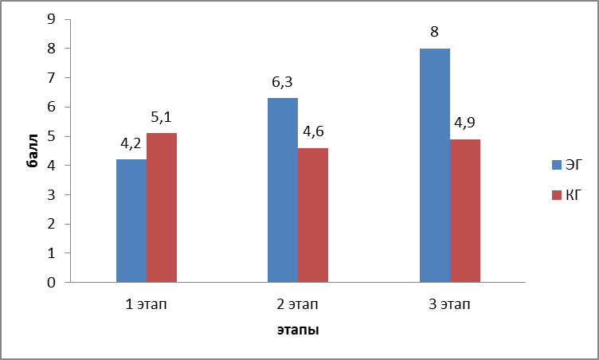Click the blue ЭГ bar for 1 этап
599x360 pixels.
pyautogui.click(x=131, y=221)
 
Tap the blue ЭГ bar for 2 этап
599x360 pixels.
pyautogui.click(x=282, y=190)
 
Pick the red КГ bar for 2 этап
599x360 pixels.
pyautogui.click(x=312, y=215)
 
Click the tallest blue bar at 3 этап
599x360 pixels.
pyautogui.click(x=434, y=165)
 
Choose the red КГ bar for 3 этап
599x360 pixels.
pyautogui.click(x=464, y=210)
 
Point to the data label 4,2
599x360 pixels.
pyautogui.click(x=131, y=145)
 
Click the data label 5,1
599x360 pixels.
pyautogui.click(x=162, y=118)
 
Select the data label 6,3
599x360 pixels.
pyautogui.click(x=282, y=83)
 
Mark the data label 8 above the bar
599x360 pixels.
pyautogui.click(x=434, y=33)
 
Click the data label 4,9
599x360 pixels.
pyautogui.click(x=465, y=124)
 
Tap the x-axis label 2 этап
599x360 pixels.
pyautogui.click(x=298, y=303)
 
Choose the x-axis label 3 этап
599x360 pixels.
pyautogui.click(x=449, y=303)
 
